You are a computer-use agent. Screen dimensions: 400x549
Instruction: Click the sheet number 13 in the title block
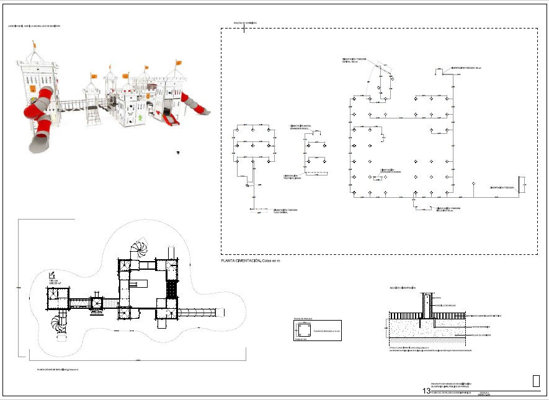tap(426, 391)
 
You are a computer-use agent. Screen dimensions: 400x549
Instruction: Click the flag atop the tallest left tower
tap(34, 44)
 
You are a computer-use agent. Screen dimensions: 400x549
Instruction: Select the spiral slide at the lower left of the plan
tap(60, 324)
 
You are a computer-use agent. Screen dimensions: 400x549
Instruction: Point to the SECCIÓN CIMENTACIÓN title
tap(402, 288)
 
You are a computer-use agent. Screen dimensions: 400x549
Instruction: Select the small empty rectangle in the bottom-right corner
tap(535, 381)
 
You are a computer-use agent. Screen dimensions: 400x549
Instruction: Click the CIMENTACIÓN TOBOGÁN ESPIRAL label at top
tap(354, 61)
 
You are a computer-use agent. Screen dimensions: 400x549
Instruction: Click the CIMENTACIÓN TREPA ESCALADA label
tap(292, 177)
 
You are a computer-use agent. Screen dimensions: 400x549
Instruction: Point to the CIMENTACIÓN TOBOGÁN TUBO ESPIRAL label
tap(286, 211)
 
